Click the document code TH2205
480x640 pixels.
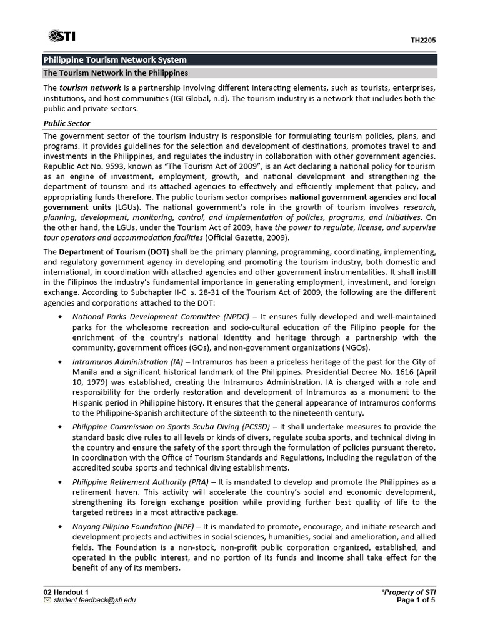(x=423, y=41)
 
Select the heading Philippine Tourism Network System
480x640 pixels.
(x=114, y=60)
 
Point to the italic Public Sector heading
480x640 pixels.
(x=67, y=123)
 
